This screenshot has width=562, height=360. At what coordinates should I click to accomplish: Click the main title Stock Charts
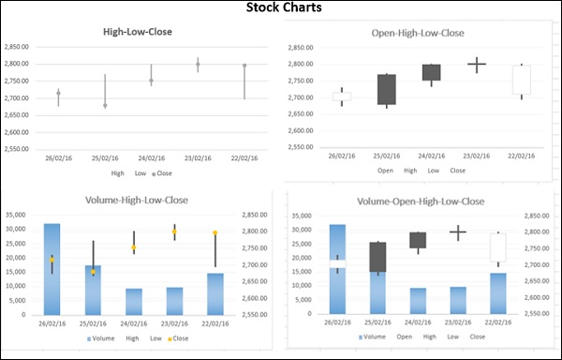(280, 8)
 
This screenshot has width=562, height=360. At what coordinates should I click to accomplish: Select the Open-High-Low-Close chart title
(417, 33)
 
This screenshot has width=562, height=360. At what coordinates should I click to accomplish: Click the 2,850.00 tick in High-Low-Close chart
(18, 46)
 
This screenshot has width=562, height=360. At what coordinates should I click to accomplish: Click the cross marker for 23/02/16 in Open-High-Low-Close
(477, 65)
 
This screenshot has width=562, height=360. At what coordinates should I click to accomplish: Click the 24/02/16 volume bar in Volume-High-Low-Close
(133, 301)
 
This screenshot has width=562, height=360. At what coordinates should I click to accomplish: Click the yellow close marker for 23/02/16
(173, 232)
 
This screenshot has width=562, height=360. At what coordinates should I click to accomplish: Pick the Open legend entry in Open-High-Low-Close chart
(385, 171)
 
